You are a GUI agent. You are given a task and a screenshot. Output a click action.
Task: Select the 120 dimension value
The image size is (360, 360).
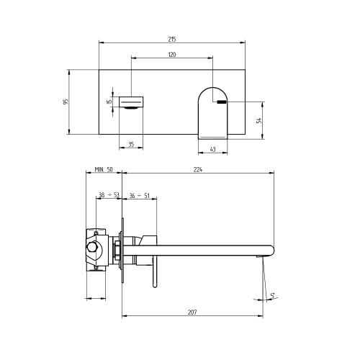(x=172, y=55)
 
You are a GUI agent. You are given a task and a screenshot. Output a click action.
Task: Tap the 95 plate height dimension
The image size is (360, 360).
(x=66, y=102)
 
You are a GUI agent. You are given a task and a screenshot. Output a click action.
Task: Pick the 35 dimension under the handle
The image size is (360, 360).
(x=131, y=145)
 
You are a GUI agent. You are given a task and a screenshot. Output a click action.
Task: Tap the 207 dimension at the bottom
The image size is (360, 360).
(x=193, y=312)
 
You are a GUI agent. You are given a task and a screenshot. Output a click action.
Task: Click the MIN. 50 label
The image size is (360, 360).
(x=104, y=170)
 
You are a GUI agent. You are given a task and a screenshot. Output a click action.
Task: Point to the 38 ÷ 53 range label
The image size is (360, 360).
(x=109, y=195)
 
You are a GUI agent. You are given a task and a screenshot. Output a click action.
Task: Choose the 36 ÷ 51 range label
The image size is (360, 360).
(x=140, y=195)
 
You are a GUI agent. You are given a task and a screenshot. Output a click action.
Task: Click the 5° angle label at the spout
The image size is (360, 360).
(x=273, y=294)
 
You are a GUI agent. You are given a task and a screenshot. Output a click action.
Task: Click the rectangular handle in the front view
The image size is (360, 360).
(x=132, y=99)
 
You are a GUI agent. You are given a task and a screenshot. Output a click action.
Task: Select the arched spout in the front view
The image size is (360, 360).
(x=212, y=112)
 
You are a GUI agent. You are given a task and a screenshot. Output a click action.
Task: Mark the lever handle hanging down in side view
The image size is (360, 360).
(x=153, y=274)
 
